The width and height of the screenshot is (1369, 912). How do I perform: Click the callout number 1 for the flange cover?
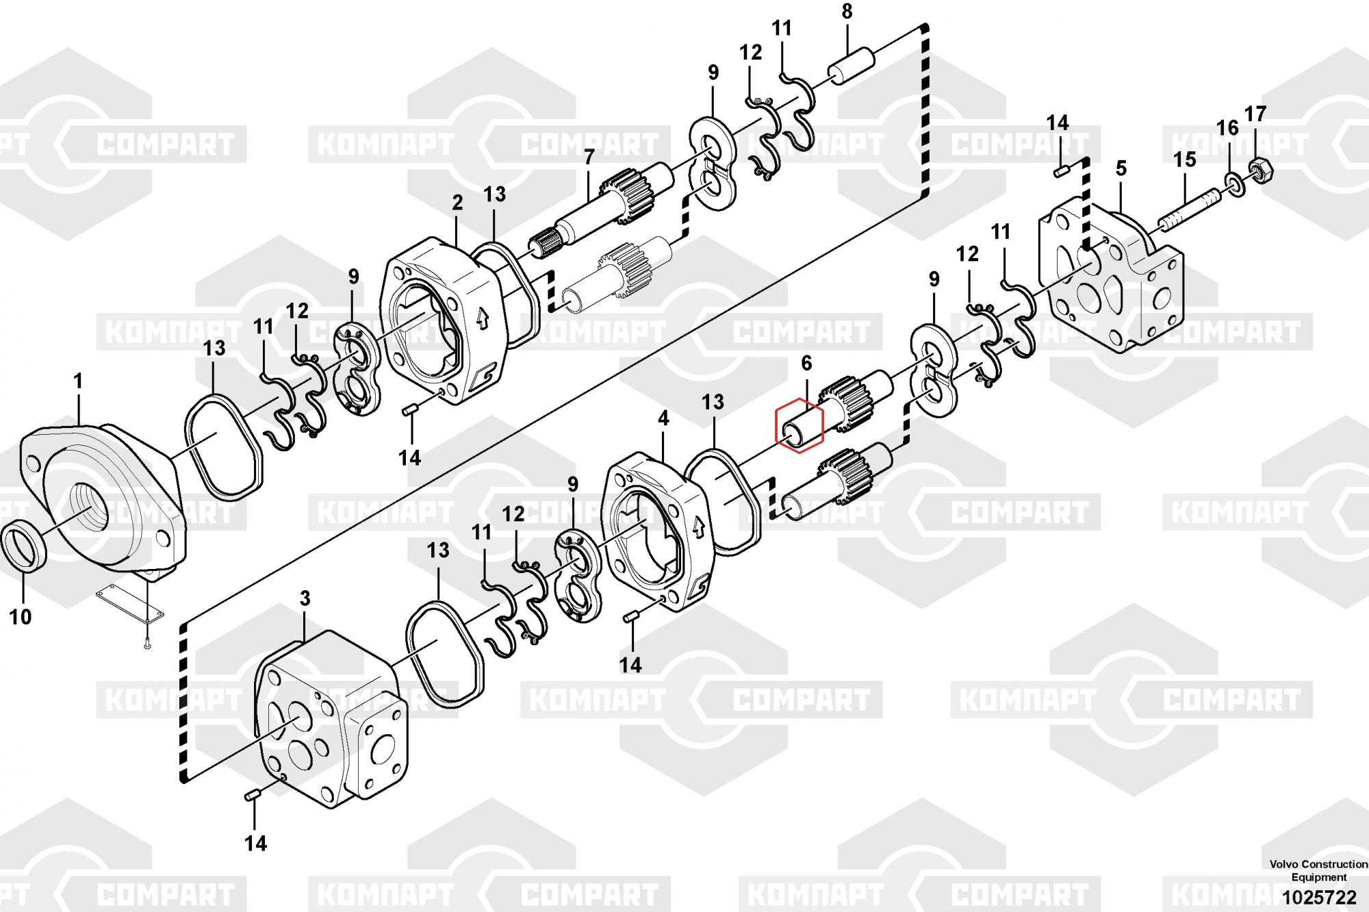tap(77, 381)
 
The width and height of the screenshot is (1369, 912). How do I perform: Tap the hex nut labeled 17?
tap(1256, 166)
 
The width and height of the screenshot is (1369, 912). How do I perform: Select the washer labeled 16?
tap(1237, 183)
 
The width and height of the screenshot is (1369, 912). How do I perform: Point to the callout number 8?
tap(847, 11)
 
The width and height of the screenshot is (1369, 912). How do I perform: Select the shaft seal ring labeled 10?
tap(25, 545)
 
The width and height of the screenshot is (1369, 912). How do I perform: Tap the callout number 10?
tap(21, 617)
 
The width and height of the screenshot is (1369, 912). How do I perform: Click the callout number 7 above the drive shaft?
tap(589, 157)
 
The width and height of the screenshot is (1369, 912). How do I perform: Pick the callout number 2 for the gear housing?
tap(457, 203)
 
